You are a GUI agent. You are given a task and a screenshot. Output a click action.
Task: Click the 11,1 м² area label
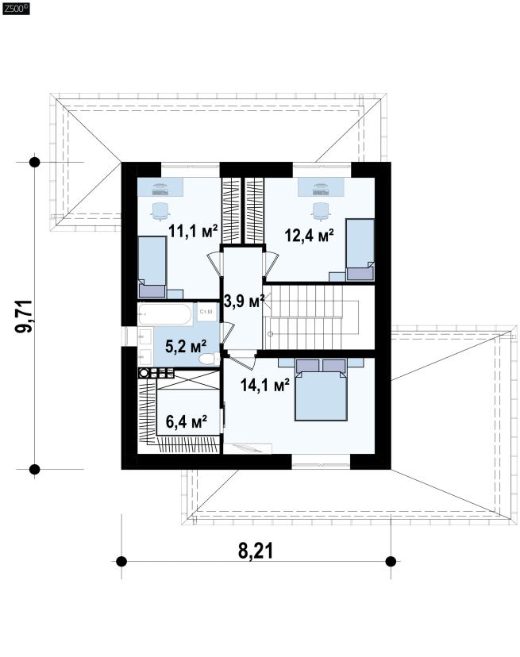click(x=193, y=231)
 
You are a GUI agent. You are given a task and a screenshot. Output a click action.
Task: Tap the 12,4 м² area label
click(x=309, y=236)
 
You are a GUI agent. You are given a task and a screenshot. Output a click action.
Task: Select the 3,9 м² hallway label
click(x=244, y=301)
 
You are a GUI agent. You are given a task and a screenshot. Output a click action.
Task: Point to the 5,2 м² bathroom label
click(x=186, y=347)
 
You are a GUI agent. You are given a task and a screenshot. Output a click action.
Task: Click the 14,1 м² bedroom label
click(x=264, y=385)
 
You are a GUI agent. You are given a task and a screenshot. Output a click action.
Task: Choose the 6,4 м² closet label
click(x=187, y=422)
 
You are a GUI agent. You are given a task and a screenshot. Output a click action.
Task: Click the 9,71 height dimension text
click(x=24, y=317)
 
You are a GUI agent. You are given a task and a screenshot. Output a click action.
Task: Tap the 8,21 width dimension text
click(x=256, y=551)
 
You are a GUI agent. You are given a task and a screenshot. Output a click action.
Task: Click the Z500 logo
click(x=16, y=9)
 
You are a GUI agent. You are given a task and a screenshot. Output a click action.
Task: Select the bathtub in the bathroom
click(x=165, y=314)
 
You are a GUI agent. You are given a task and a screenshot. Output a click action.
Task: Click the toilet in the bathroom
click(x=210, y=359)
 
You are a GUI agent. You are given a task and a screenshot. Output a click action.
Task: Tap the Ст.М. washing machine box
click(x=206, y=312)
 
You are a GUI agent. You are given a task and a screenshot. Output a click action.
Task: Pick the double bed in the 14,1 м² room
click(x=321, y=390)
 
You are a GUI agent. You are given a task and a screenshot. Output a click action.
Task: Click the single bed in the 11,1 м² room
click(x=152, y=267)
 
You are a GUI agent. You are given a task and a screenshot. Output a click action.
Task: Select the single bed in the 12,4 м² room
click(x=360, y=250)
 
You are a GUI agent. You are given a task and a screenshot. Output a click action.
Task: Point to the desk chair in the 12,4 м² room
click(x=321, y=211)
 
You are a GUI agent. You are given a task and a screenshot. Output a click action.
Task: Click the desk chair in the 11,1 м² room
click(x=160, y=211)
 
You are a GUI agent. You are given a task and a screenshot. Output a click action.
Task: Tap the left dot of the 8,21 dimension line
click(x=121, y=561)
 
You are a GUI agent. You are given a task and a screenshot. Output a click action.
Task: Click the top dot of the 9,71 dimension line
click(x=34, y=162)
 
